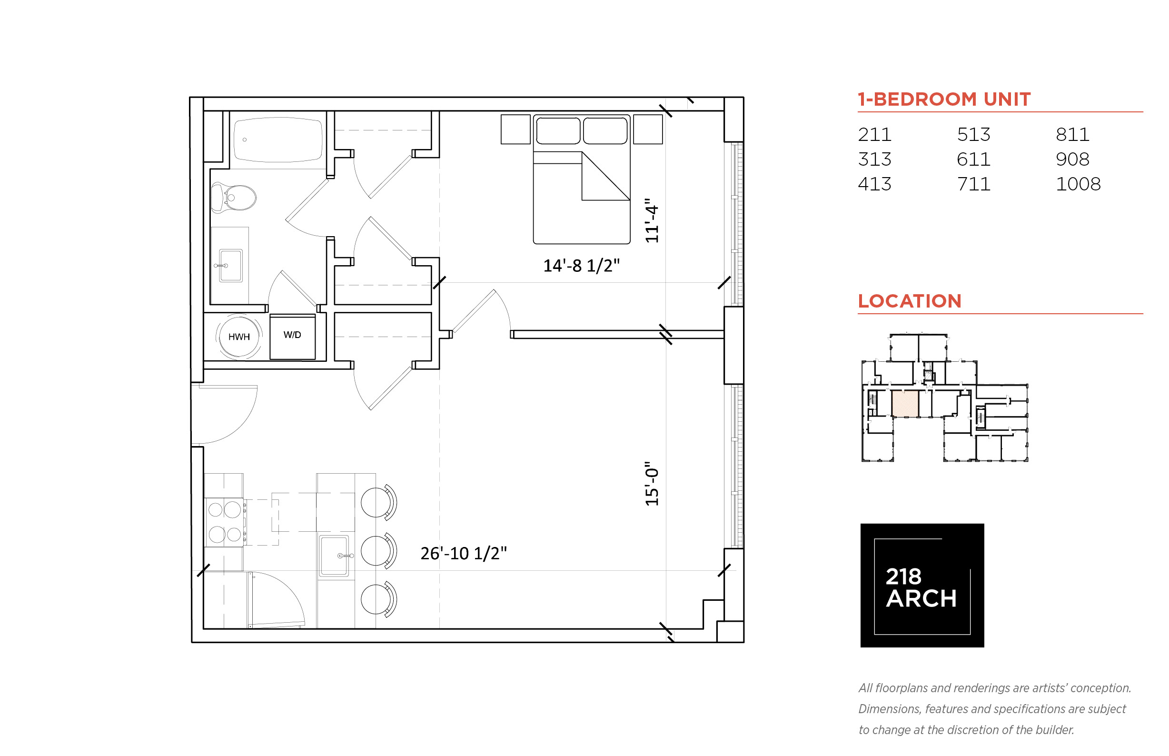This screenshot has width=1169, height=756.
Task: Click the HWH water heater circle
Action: point(238,337)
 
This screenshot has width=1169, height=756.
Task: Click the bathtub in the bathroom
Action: point(278,139)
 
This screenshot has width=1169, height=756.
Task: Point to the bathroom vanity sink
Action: point(230,266)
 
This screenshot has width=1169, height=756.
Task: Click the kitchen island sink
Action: point(334,556)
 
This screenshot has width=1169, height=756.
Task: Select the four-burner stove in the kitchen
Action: point(225,522)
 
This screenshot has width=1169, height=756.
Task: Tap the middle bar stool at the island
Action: point(378,551)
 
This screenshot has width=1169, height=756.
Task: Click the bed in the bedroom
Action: point(581,179)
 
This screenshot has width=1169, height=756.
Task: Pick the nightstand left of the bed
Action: point(515,129)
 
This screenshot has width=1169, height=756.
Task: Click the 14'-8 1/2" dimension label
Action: point(581,266)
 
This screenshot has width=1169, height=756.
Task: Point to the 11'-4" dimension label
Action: point(651,220)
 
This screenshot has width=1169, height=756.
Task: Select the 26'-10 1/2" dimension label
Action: point(463,553)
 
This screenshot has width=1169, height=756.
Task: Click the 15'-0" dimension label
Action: point(651,484)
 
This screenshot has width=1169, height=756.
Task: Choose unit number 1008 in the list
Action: point(1078,184)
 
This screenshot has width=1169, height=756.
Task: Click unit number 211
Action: point(874,135)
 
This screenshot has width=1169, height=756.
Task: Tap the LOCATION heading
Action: point(910,301)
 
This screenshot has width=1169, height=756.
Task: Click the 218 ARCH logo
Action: point(921,585)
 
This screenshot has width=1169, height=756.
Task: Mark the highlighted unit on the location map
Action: point(904,404)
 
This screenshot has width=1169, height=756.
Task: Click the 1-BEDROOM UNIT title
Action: point(944,99)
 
